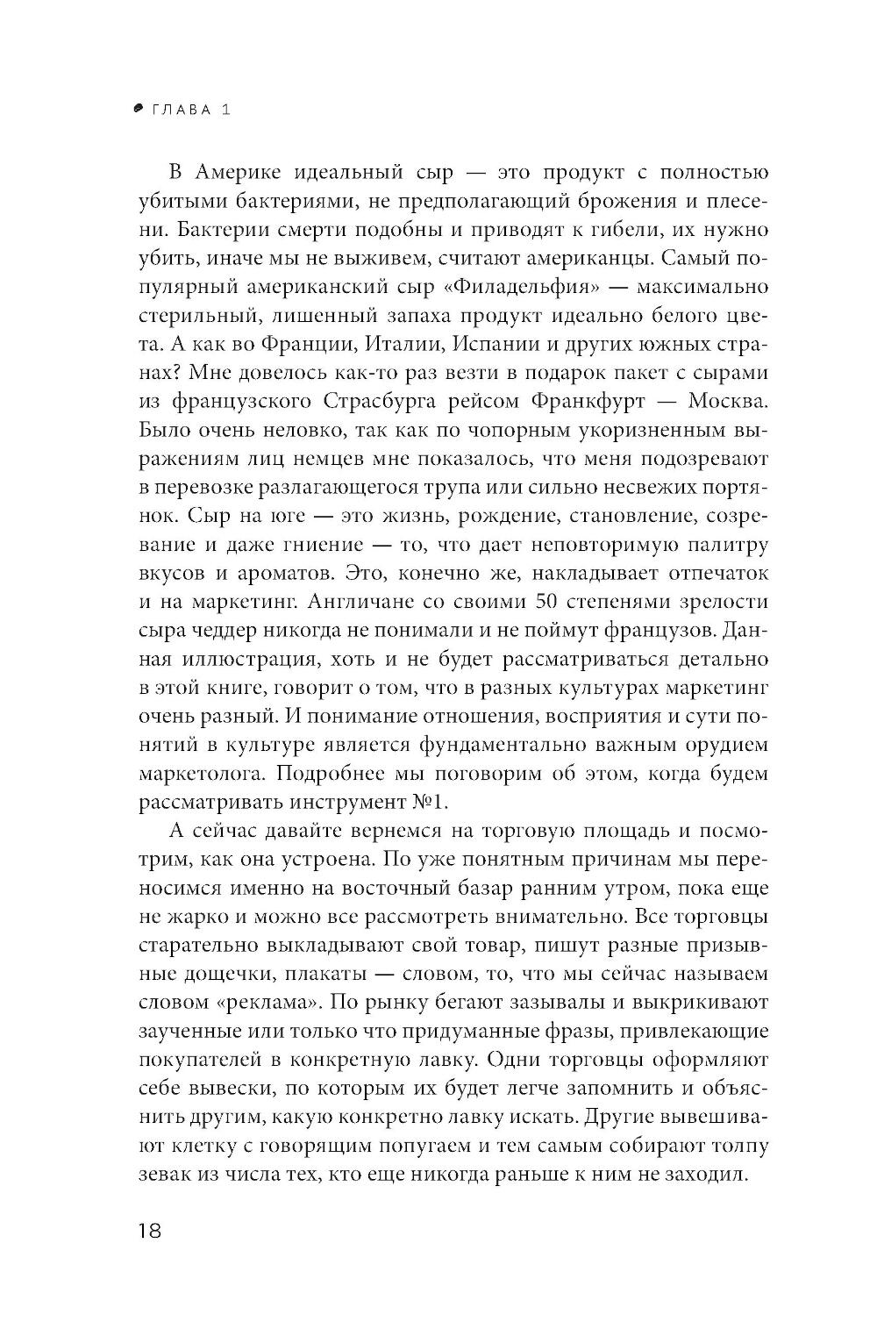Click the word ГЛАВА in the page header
click(x=182, y=110)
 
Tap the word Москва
click(x=723, y=401)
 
